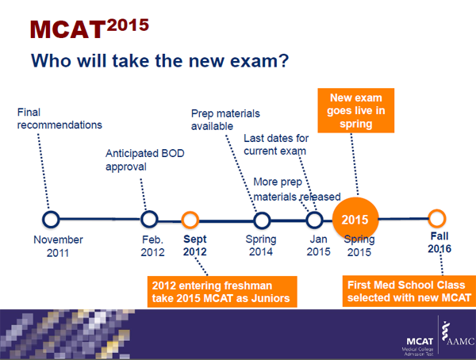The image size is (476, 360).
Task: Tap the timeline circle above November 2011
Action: pos(52,219)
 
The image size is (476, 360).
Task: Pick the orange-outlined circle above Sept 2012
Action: pos(190,219)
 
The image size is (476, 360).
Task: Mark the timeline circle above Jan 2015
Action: pos(315,219)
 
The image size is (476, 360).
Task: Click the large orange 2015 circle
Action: pos(357,218)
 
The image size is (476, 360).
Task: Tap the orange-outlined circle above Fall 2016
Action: pos(436,219)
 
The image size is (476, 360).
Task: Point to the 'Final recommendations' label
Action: pos(59,118)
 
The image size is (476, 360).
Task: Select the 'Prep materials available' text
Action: pos(225,119)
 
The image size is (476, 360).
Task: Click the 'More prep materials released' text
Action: pos(296,190)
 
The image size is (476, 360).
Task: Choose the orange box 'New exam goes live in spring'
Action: pos(357,111)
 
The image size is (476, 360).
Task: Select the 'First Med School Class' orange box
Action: pos(407,290)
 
